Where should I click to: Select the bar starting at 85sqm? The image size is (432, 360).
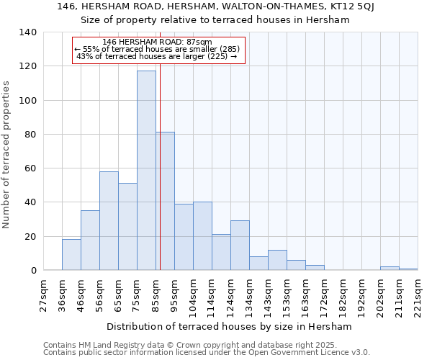pyautogui.click(x=165, y=201)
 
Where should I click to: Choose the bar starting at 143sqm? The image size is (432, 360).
pyautogui.click(x=277, y=260)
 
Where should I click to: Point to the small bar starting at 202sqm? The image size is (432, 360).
pyautogui.click(x=390, y=269)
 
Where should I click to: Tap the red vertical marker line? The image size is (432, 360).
pyautogui.click(x=160, y=180)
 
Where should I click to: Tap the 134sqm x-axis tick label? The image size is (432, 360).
pyautogui.click(x=249, y=296)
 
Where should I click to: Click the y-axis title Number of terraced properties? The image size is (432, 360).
pyautogui.click(x=6, y=155)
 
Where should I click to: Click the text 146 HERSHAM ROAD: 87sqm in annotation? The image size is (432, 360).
pyautogui.click(x=158, y=42)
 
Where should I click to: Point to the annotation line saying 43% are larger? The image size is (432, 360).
pyautogui.click(x=156, y=57)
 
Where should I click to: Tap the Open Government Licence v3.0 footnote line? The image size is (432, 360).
pyautogui.click(x=207, y=353)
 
